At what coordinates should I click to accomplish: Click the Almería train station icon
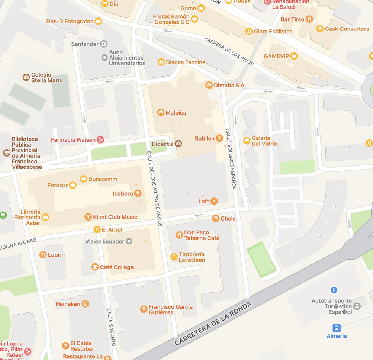click(x=337, y=328)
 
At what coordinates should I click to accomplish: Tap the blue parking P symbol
click(x=334, y=290)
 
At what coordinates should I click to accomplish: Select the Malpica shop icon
click(x=161, y=112)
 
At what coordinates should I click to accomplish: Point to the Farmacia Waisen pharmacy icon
click(x=100, y=140)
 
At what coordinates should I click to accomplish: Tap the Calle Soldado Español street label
click(x=231, y=159)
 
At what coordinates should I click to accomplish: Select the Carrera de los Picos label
click(x=229, y=52)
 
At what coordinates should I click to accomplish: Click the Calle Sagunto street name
click(x=111, y=327)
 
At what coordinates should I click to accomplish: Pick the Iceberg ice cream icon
click(x=138, y=193)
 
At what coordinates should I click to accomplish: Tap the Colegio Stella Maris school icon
click(x=26, y=77)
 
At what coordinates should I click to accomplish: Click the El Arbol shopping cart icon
click(x=97, y=229)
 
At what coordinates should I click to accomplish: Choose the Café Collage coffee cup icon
click(x=95, y=267)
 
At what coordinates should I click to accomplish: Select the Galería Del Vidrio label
click(x=264, y=141)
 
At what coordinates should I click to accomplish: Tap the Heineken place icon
click(x=85, y=304)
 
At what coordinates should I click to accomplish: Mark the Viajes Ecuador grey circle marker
click(x=129, y=241)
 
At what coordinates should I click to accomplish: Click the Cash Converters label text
click(x=347, y=29)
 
